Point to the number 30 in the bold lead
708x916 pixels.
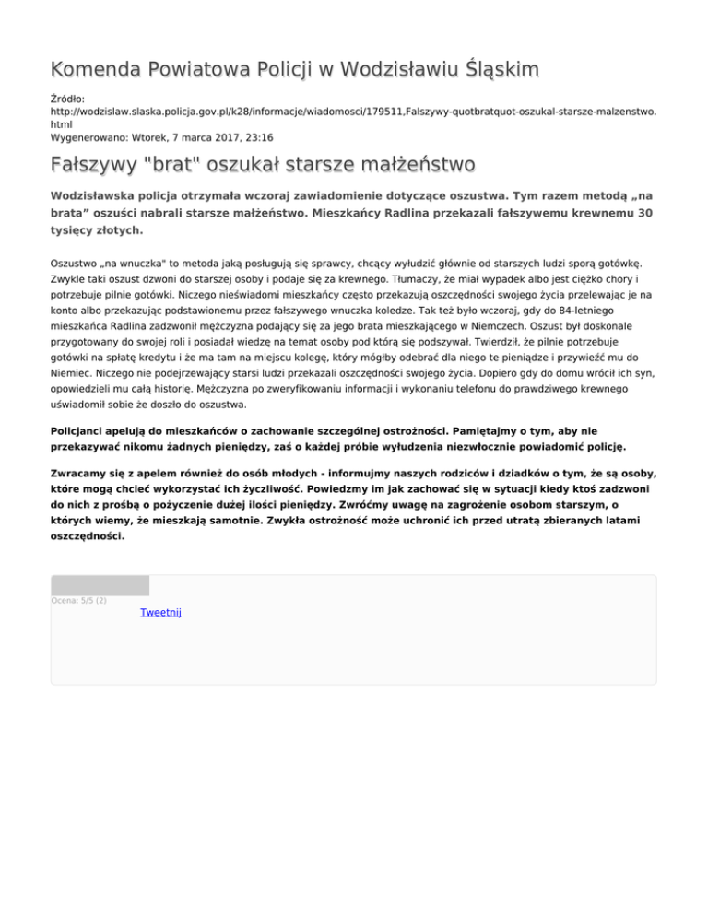click(646, 212)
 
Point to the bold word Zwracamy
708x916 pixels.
click(83, 472)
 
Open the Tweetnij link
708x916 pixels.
click(160, 613)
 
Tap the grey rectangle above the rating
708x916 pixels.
click(100, 585)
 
